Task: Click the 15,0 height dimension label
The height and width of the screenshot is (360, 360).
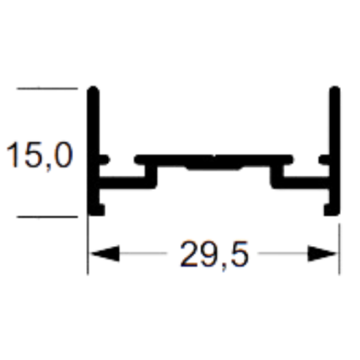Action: point(39,156)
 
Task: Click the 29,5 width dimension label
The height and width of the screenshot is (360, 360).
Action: point(214,255)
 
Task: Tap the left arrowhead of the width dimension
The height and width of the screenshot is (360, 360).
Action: point(105,254)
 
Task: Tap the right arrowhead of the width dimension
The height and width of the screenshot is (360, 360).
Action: point(321,254)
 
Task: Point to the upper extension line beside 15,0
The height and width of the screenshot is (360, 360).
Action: point(47,89)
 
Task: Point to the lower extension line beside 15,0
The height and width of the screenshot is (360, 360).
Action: point(47,216)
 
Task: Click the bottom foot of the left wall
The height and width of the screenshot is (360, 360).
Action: point(96,210)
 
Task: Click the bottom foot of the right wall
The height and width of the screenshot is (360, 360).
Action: point(332,210)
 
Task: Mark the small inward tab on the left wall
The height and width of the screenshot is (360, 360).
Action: point(104,160)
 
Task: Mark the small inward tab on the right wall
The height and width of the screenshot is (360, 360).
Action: point(325,160)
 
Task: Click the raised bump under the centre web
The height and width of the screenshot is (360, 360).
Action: point(214,167)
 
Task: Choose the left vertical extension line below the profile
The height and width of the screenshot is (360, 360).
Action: point(88,245)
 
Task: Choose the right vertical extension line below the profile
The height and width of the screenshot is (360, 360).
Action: point(339,249)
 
